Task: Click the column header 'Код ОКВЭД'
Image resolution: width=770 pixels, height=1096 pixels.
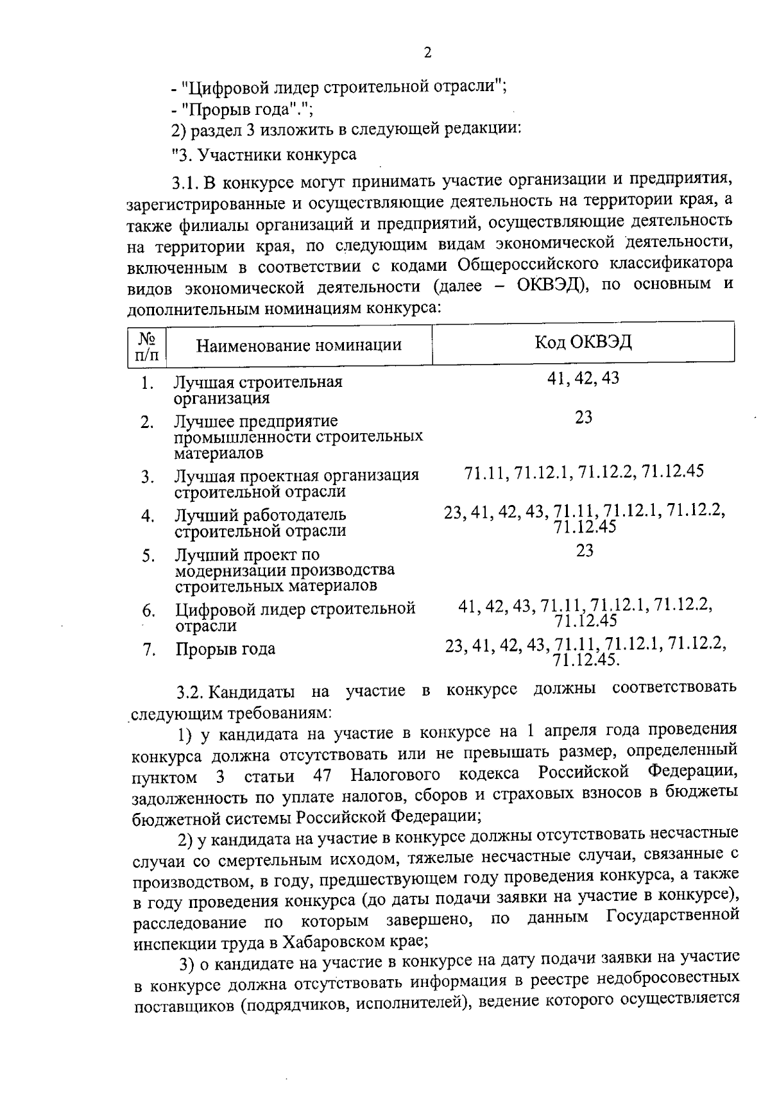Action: click(583, 342)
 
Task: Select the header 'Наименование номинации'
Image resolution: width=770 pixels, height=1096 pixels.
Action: click(298, 345)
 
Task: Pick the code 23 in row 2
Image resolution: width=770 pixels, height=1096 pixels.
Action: click(583, 418)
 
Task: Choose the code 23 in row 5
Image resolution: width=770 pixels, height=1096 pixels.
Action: click(585, 551)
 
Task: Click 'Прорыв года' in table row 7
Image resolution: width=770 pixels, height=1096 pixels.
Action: click(225, 649)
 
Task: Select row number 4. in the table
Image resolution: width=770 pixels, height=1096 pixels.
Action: click(148, 516)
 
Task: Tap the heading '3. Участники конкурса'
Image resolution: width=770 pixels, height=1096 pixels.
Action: click(269, 155)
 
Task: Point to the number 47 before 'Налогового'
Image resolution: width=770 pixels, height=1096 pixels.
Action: click(322, 776)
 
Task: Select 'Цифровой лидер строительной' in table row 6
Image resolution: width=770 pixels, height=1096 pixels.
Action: click(295, 608)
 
